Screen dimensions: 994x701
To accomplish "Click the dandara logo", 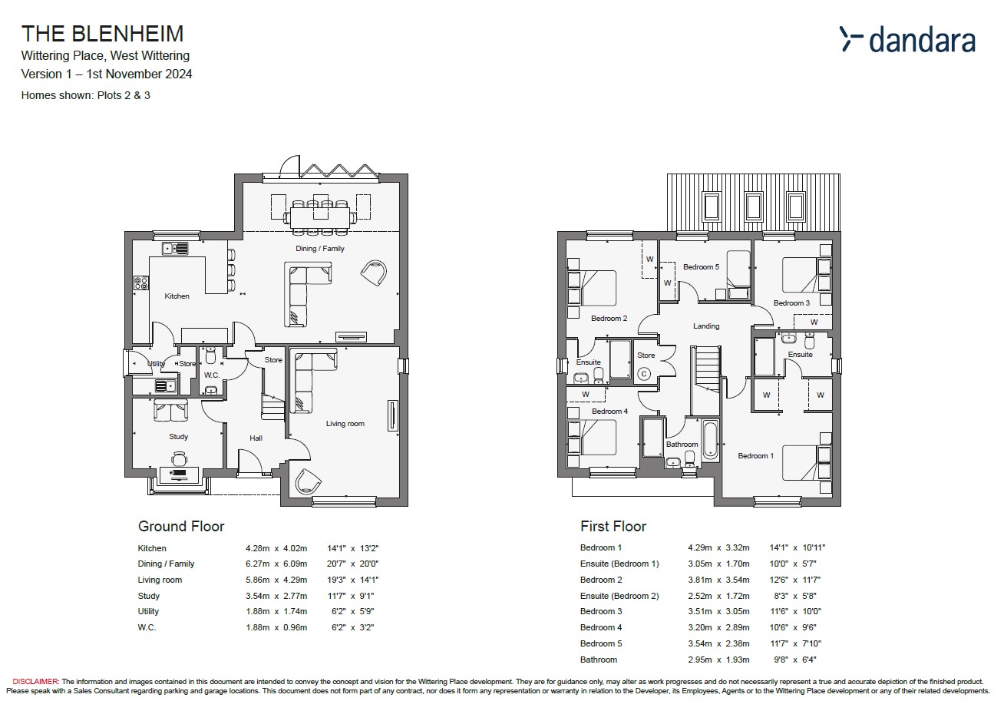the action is click(907, 39).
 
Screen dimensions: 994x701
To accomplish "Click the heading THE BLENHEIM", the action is click(103, 34).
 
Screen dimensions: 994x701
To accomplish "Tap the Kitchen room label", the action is click(177, 296).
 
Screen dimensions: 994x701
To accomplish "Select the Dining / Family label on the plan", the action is click(320, 249).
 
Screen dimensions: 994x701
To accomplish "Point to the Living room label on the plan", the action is click(345, 424).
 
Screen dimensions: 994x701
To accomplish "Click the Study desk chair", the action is click(179, 458).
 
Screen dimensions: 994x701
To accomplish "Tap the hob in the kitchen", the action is click(141, 283).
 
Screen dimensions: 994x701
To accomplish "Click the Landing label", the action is click(706, 326).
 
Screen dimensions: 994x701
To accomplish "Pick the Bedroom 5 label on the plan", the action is click(701, 267).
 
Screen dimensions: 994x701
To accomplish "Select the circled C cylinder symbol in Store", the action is click(644, 374).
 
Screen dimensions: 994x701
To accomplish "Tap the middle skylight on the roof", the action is click(754, 206).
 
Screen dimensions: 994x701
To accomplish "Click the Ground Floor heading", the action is click(181, 527).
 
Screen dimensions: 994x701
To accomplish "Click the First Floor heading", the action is click(613, 527).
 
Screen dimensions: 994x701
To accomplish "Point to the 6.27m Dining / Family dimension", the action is click(257, 564).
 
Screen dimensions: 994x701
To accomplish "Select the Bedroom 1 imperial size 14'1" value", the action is click(779, 548).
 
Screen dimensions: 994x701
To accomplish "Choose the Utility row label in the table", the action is click(148, 611).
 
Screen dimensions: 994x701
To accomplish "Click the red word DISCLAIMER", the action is click(35, 682).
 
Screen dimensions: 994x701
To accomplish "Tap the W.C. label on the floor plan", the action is click(212, 375).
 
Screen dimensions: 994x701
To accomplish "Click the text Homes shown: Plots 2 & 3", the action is click(86, 95).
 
